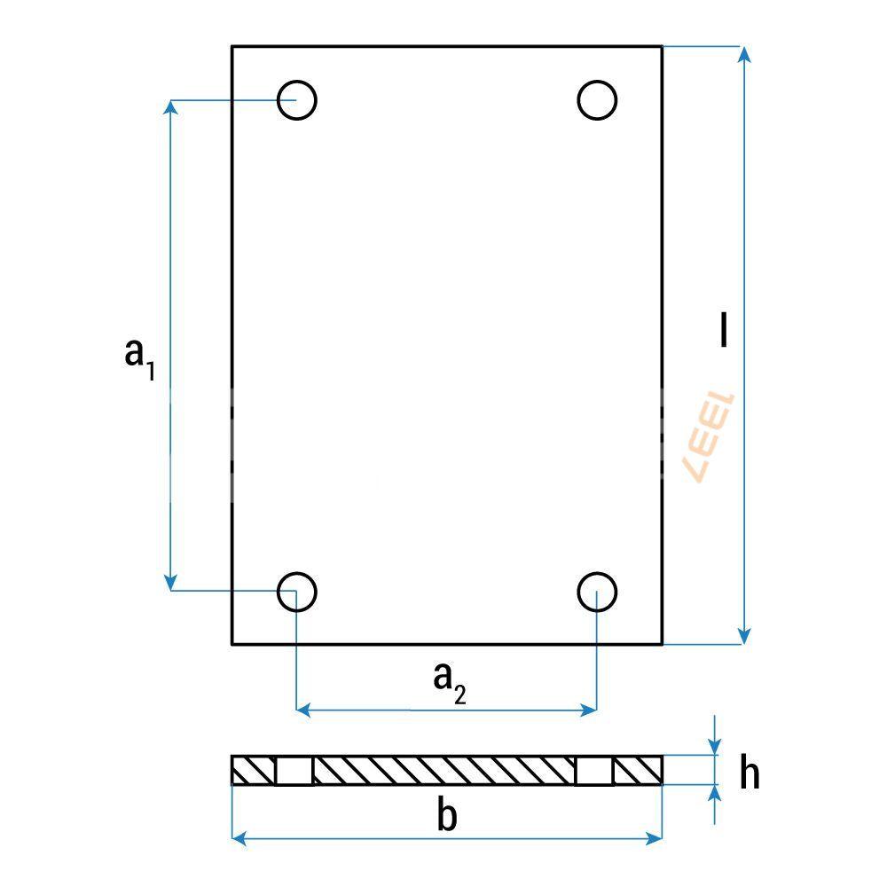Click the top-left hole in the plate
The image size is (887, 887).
click(296, 100)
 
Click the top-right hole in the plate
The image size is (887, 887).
click(597, 100)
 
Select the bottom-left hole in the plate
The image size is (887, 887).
click(296, 591)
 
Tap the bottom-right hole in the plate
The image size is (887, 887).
click(597, 591)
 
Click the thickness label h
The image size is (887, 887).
click(750, 774)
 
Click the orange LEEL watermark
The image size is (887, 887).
click(710, 437)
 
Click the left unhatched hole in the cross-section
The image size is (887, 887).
click(294, 771)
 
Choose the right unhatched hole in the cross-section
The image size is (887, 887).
click(594, 771)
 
